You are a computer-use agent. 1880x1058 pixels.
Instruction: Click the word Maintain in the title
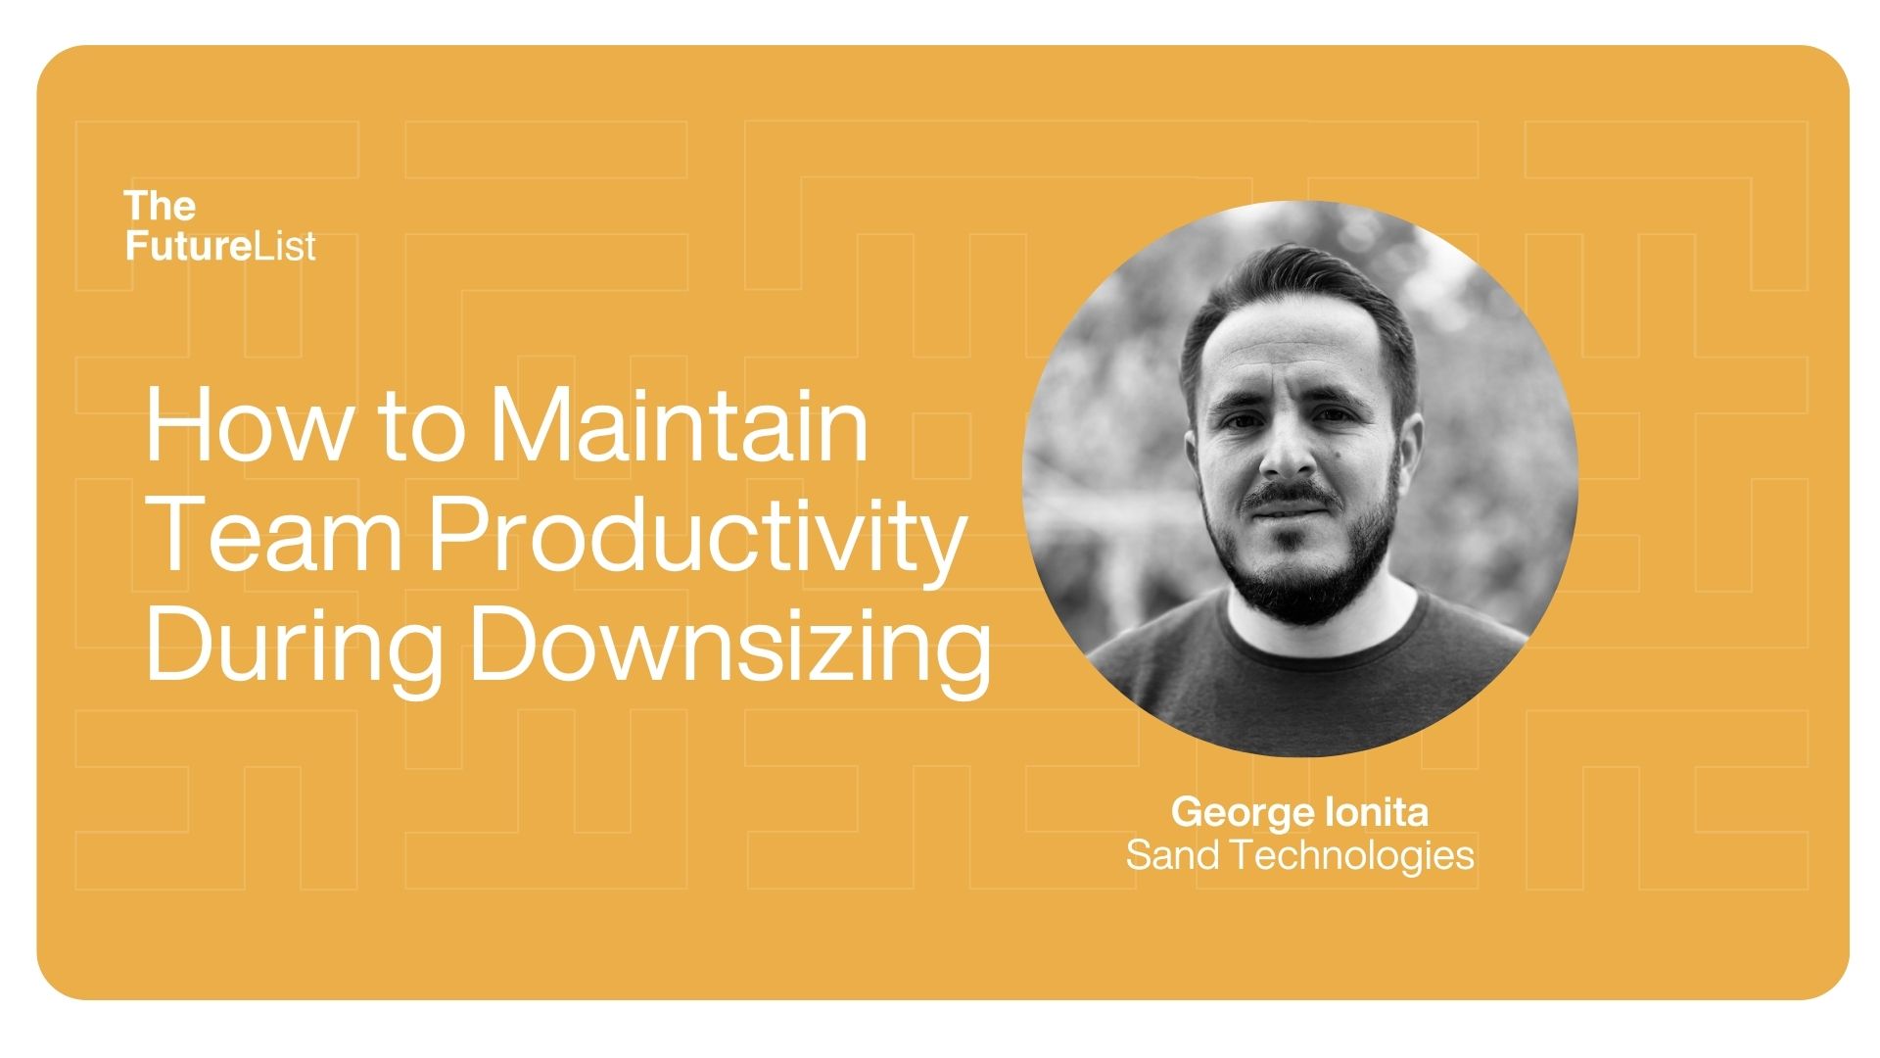tap(679, 425)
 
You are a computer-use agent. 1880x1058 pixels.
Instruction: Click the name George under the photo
tap(1243, 813)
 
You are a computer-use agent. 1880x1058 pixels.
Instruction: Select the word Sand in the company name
tap(1172, 855)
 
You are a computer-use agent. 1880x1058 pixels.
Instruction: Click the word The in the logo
tap(160, 206)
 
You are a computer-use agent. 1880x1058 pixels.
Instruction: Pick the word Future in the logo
tap(185, 245)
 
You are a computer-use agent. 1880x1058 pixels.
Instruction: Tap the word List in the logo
tap(283, 245)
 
